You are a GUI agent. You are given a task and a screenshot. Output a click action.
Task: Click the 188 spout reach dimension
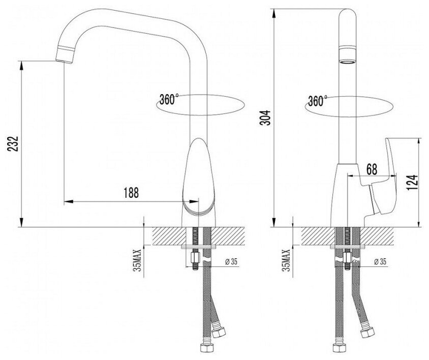(x=131, y=192)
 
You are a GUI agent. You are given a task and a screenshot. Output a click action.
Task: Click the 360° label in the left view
(x=169, y=99)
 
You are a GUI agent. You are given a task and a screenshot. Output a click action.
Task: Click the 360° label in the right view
(x=317, y=101)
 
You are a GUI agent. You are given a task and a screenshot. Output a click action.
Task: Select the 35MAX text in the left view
(x=137, y=261)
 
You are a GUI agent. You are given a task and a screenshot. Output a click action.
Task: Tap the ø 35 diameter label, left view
(x=232, y=262)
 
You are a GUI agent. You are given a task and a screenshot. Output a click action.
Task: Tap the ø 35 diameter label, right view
(x=382, y=262)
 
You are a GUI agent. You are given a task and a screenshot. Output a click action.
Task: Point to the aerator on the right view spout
(x=347, y=56)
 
